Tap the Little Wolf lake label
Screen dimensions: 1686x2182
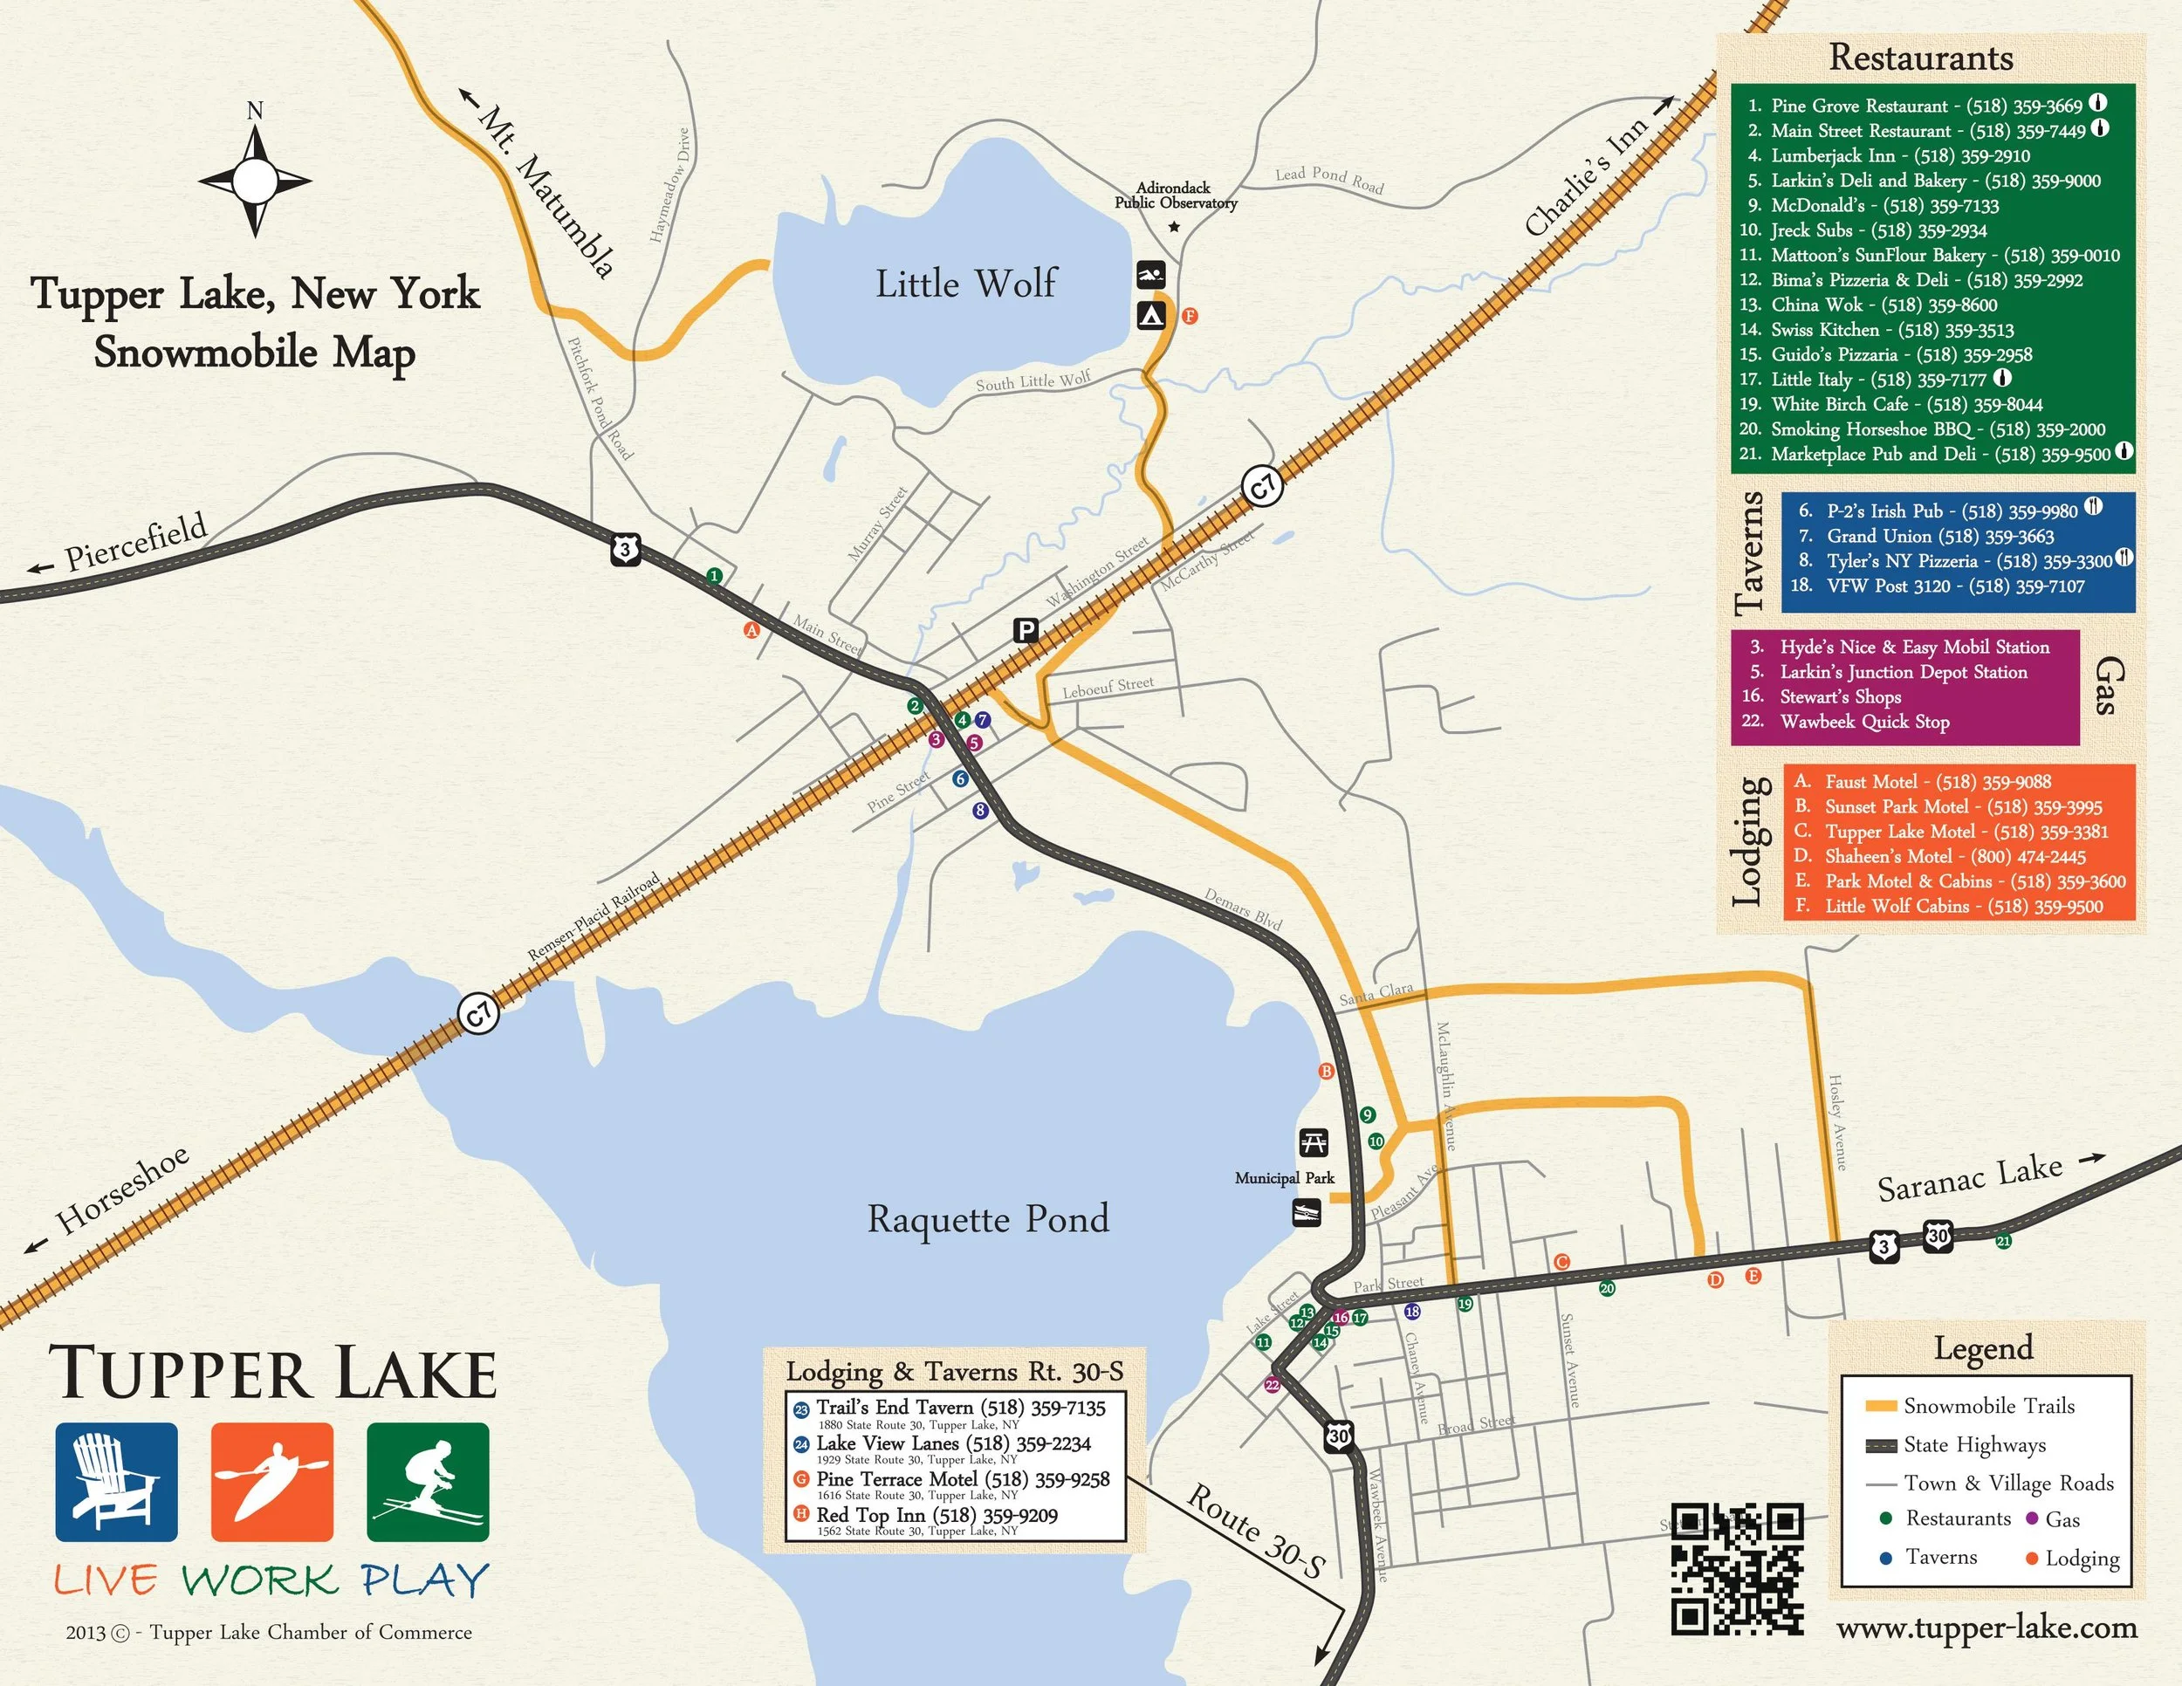coord(965,284)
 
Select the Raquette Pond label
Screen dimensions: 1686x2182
coord(987,1219)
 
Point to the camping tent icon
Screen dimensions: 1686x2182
coord(1151,317)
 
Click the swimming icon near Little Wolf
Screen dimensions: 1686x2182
coord(1151,275)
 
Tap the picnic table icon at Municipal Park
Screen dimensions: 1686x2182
coord(1313,1141)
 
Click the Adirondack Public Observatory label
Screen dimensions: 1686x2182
coord(1175,195)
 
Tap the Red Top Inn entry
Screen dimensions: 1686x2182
coord(935,1515)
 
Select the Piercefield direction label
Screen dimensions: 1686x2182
coord(135,545)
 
